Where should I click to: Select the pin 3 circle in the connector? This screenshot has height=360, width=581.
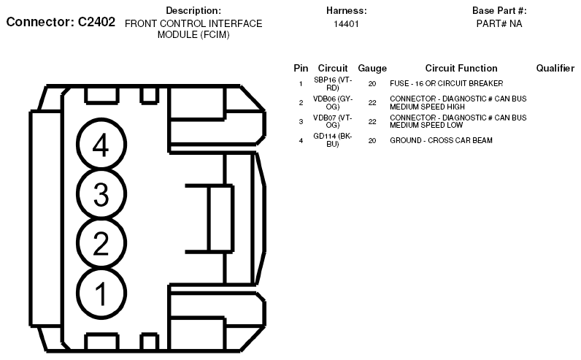click(x=101, y=194)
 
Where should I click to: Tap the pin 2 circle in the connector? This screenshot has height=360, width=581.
click(x=101, y=243)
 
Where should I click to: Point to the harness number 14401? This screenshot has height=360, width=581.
click(x=346, y=24)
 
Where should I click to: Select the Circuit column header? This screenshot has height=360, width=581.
click(x=333, y=68)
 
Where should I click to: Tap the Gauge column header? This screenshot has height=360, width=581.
click(x=372, y=68)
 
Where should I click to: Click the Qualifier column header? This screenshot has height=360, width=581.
click(x=555, y=68)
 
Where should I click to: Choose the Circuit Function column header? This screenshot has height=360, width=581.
click(x=461, y=68)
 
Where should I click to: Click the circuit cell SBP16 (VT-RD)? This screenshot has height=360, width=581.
click(x=333, y=83)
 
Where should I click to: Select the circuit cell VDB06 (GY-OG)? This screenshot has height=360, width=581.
click(x=333, y=102)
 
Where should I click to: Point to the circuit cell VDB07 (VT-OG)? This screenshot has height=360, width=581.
click(x=333, y=120)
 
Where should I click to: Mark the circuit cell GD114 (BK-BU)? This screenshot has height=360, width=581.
click(x=333, y=139)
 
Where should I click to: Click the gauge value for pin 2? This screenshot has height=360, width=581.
click(x=372, y=102)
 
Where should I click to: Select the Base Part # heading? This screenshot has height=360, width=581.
click(x=499, y=11)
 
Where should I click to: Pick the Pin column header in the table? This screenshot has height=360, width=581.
click(x=301, y=68)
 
